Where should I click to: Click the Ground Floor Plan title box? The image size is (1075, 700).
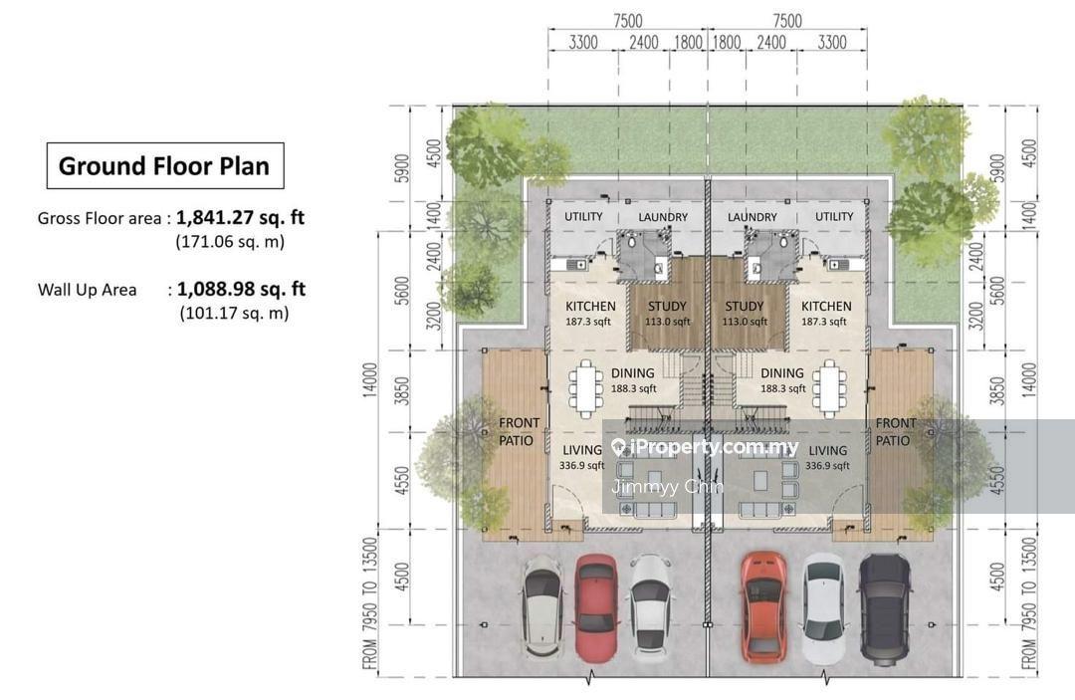click(x=165, y=166)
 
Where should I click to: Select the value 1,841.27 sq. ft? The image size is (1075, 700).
click(x=241, y=217)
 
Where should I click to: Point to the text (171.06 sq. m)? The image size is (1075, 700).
click(x=230, y=241)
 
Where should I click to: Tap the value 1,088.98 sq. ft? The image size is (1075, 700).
click(x=241, y=289)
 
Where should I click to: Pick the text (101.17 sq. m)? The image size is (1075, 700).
click(x=234, y=314)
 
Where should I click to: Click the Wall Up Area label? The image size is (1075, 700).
click(x=87, y=290)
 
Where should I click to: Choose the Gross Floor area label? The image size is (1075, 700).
click(x=100, y=219)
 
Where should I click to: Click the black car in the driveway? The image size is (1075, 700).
click(x=885, y=607)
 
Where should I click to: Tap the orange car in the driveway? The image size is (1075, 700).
click(x=764, y=606)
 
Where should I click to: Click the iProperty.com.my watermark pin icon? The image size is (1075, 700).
click(x=619, y=448)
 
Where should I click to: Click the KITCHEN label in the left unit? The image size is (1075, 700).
click(x=590, y=307)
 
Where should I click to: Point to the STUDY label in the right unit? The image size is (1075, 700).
click(x=744, y=307)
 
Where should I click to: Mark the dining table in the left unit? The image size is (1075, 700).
click(x=585, y=389)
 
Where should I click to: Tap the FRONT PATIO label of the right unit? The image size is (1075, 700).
click(x=894, y=432)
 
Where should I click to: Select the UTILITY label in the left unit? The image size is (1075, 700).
click(x=583, y=217)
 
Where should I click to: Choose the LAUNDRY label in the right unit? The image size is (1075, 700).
click(x=752, y=217)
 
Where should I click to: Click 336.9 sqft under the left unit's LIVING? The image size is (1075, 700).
click(x=582, y=466)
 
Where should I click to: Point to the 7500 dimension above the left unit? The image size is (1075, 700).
click(x=627, y=21)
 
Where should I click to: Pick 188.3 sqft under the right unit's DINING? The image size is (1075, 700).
click(x=783, y=388)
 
